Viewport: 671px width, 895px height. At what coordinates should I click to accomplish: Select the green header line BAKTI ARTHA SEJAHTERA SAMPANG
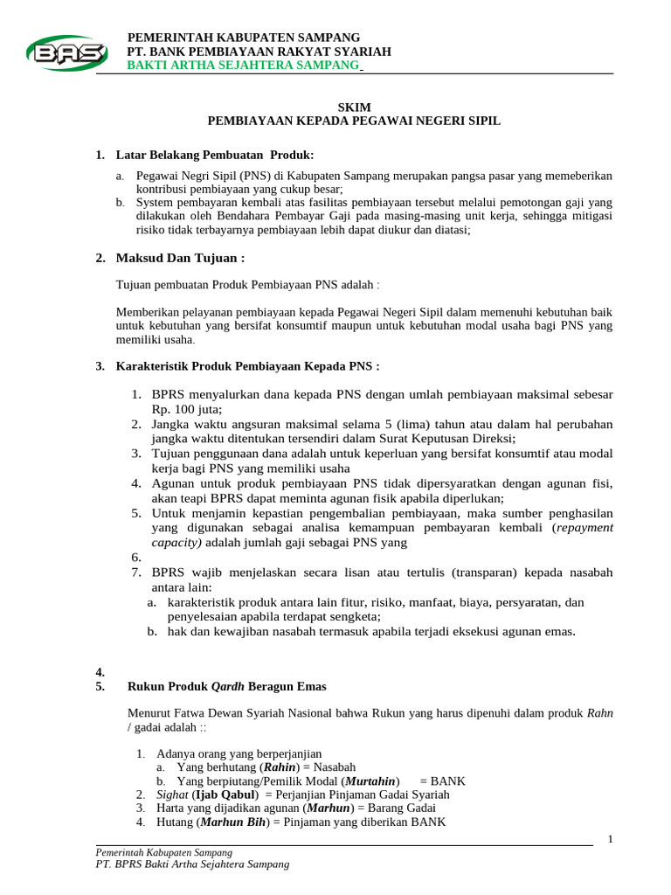point(243,66)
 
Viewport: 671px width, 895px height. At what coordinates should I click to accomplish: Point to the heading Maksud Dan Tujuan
point(181,258)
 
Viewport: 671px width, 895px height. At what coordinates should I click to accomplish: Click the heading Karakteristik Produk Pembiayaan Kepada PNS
point(248,366)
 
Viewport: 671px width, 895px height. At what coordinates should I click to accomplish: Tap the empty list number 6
point(137,557)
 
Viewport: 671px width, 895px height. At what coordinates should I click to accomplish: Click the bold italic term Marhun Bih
point(233,822)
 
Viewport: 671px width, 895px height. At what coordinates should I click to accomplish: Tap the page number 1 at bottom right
point(611,839)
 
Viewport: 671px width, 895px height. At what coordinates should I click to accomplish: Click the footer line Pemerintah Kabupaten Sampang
point(163,852)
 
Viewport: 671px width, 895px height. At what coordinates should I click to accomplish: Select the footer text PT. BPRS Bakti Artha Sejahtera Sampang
point(191,864)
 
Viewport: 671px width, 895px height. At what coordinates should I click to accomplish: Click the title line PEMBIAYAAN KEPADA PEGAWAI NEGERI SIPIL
point(353,121)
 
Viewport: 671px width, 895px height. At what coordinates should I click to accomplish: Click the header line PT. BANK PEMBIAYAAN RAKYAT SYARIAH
point(259,52)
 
